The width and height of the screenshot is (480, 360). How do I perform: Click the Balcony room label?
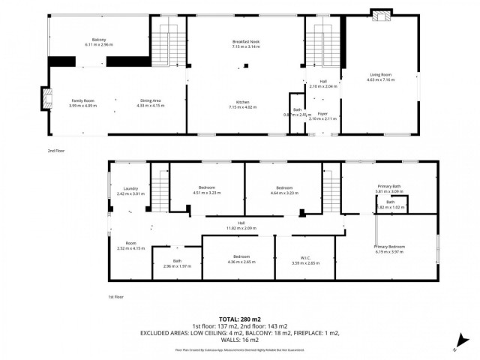(98, 41)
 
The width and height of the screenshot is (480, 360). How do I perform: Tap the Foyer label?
(323, 115)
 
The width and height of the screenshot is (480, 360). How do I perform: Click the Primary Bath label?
(390, 187)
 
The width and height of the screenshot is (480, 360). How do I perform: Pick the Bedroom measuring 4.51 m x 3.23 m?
(207, 189)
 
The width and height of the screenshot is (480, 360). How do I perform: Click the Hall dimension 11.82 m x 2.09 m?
(241, 226)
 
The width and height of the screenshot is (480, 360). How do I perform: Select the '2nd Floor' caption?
(57, 150)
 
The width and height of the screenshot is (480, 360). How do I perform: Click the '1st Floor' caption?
(115, 297)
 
